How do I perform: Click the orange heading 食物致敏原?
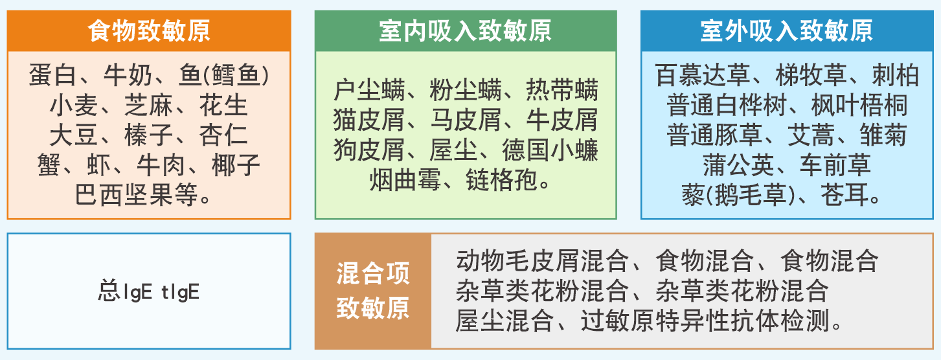pyautogui.click(x=149, y=30)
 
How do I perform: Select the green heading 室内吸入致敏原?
pyautogui.click(x=465, y=30)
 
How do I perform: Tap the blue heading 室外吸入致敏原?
pyautogui.click(x=786, y=30)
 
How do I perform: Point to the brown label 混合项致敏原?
pyautogui.click(x=373, y=291)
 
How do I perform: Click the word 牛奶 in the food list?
pyautogui.click(x=128, y=76)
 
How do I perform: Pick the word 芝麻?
pyautogui.click(x=148, y=106)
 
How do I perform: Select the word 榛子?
pyautogui.click(x=148, y=135)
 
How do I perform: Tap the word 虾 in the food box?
pyautogui.click(x=98, y=165)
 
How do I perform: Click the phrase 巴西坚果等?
pyautogui.click(x=137, y=195)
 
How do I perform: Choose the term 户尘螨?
pyautogui.click(x=369, y=90)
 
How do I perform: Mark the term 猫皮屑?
pyautogui.click(x=369, y=120)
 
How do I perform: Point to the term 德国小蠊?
pyautogui.click(x=550, y=150)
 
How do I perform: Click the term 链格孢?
pyautogui.click(x=502, y=180)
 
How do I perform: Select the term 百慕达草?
pyautogui.click(x=703, y=76)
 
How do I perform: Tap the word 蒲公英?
pyautogui.click(x=738, y=165)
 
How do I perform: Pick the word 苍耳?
pyautogui.click(x=845, y=195)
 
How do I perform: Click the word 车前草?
pyautogui.click(x=835, y=165)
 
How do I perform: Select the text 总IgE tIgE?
pyautogui.click(x=149, y=291)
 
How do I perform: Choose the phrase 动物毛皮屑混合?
pyautogui.click(x=543, y=261)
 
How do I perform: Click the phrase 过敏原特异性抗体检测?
pyautogui.click(x=705, y=321)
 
